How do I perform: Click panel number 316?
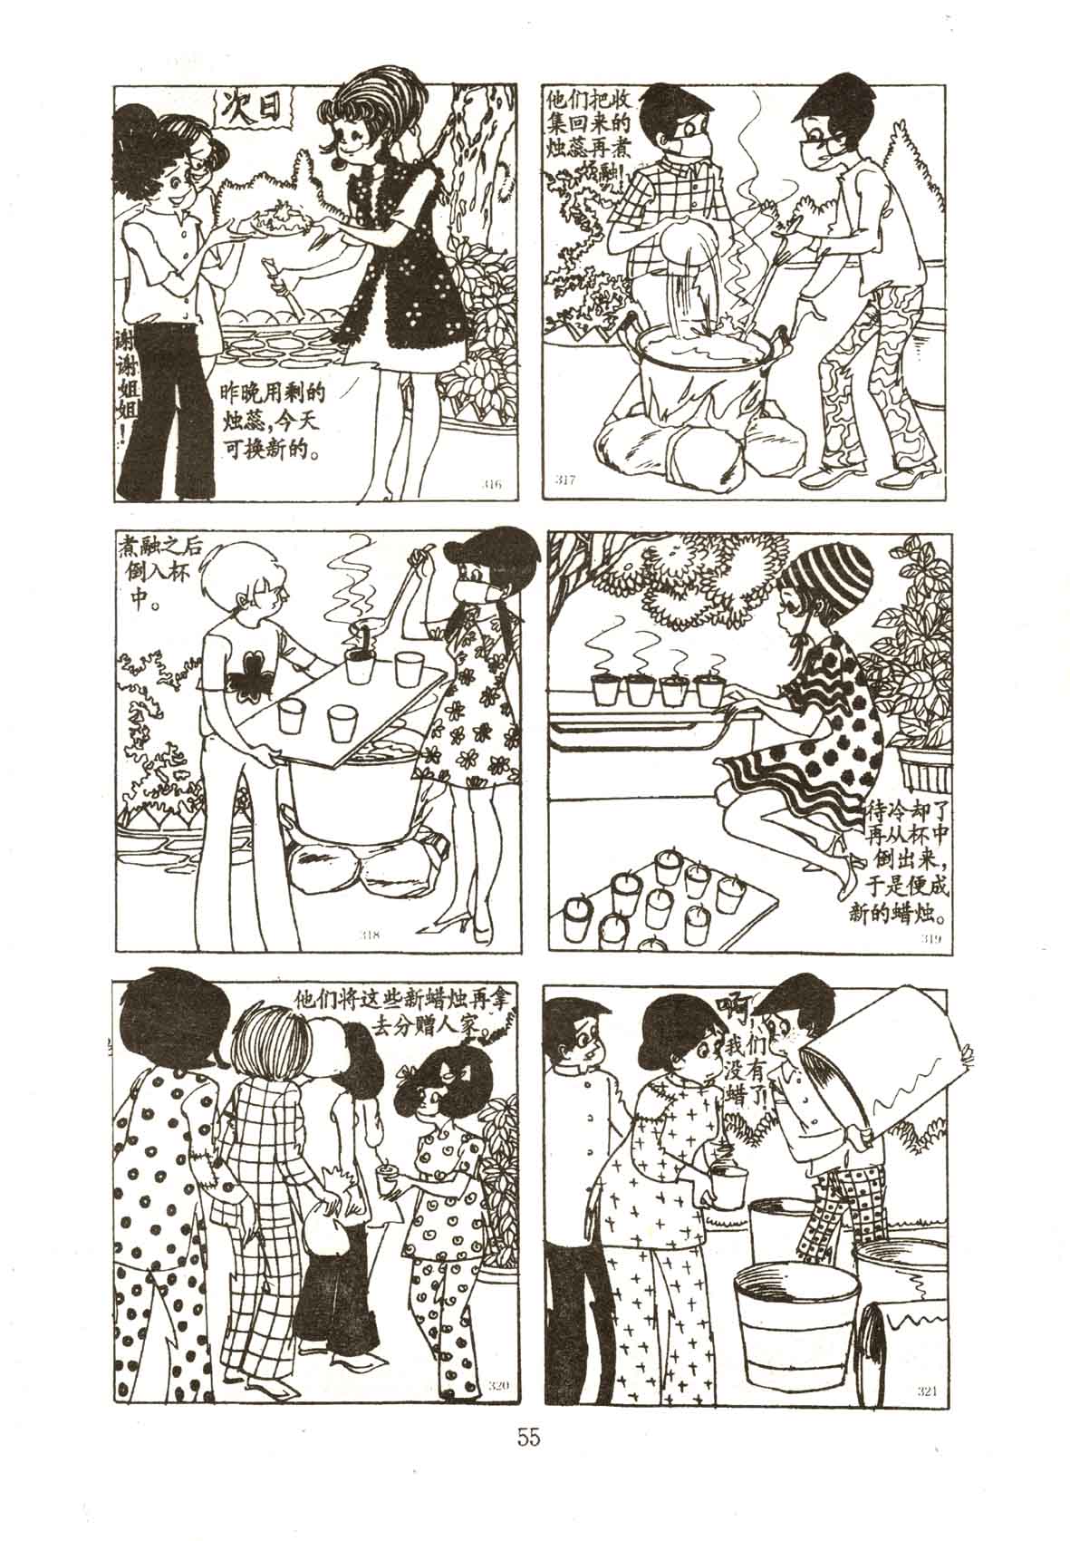pos(492,484)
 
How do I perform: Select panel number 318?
pos(371,935)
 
